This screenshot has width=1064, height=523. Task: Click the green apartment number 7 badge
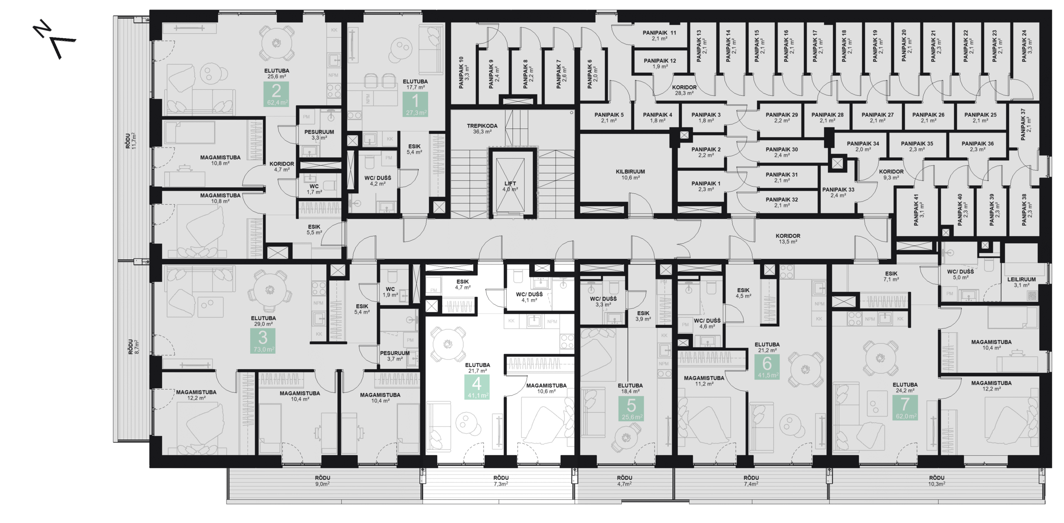click(x=905, y=407)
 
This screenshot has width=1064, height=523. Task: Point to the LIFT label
click(x=510, y=186)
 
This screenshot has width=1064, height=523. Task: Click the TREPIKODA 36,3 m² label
click(x=482, y=128)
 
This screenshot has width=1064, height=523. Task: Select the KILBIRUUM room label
click(x=631, y=174)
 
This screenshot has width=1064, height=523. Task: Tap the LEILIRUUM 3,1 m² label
click(x=1021, y=282)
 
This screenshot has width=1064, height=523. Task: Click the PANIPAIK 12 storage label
click(x=660, y=63)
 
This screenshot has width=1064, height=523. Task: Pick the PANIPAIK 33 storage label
click(x=838, y=192)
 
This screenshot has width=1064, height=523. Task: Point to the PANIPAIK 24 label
click(x=1027, y=46)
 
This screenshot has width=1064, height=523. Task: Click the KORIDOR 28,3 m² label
click(x=684, y=90)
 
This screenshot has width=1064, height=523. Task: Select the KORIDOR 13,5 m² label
click(x=788, y=239)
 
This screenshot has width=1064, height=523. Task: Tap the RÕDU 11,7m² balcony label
click(x=131, y=141)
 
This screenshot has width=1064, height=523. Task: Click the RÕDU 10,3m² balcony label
click(x=936, y=481)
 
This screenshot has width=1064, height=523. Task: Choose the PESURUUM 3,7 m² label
click(x=394, y=356)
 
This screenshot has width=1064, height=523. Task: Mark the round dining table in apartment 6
click(x=805, y=369)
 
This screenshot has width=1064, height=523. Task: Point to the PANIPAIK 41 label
click(x=919, y=210)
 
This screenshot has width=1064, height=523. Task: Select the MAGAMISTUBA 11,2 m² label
click(x=704, y=381)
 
